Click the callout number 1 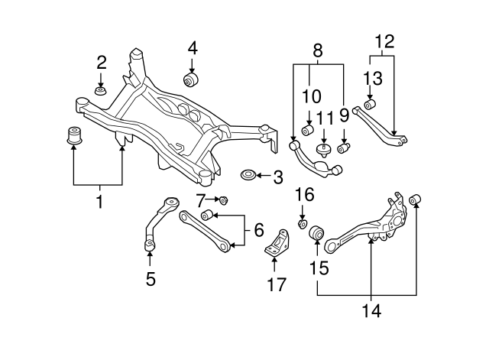pos(97,202)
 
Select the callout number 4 pos(192,47)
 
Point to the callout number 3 pos(277,178)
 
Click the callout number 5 pos(150,279)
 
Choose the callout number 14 pos(371,310)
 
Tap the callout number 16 pos(303,196)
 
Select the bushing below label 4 pos(191,80)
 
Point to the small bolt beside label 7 pos(225,201)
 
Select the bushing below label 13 pos(371,104)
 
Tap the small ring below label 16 pos(303,223)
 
